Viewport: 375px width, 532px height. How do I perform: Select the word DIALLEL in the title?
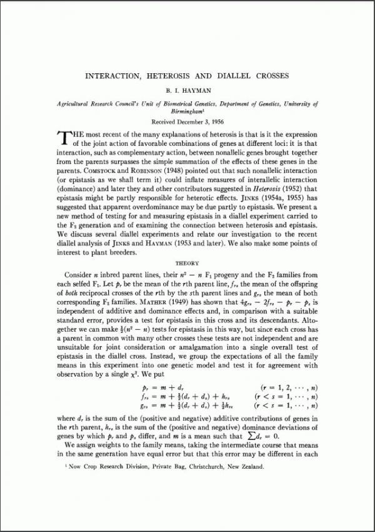232,76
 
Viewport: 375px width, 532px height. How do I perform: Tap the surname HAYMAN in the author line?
197,90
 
